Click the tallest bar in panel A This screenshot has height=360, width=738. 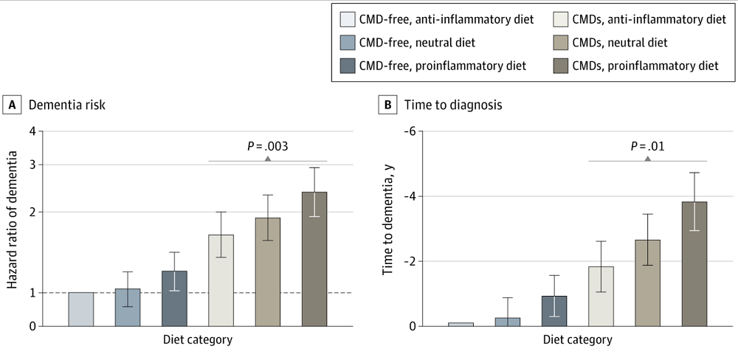tap(314, 258)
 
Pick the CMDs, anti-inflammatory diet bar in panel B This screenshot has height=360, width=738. tap(601, 296)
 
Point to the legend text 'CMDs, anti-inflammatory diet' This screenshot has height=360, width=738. tap(642, 18)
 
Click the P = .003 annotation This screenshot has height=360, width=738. tap(267, 146)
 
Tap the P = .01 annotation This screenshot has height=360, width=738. tap(647, 146)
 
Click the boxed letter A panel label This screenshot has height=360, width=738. tap(12, 105)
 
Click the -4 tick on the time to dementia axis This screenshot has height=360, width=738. tap(407, 196)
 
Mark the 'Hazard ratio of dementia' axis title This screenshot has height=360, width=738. tap(12, 229)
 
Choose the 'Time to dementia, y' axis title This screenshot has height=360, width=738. tap(387, 229)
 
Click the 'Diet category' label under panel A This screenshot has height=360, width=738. tap(198, 340)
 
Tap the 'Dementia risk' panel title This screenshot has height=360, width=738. tap(67, 105)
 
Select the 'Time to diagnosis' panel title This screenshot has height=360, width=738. tap(453, 105)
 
